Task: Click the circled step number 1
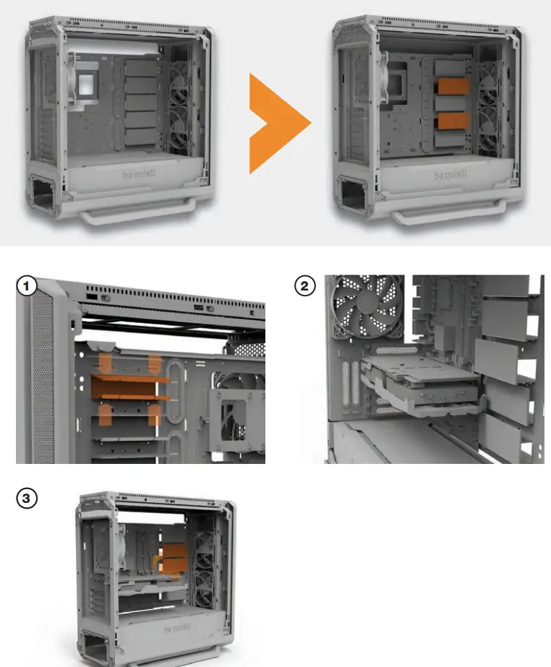pos(27,287)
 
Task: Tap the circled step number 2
pos(304,287)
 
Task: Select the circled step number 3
pos(27,498)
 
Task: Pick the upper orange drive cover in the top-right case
pos(452,87)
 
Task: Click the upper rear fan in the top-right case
pos(492,80)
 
